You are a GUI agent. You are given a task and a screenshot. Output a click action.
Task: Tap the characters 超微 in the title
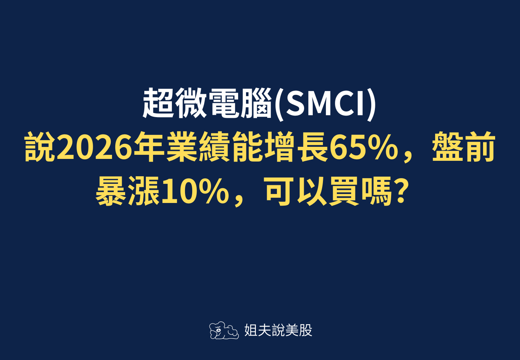(174, 103)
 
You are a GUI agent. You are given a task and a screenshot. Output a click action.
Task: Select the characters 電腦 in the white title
(240, 103)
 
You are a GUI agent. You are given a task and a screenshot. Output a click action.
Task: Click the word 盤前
(463, 148)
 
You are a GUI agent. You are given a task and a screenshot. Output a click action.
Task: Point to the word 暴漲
(128, 191)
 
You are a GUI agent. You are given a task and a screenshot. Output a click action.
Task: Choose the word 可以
(296, 191)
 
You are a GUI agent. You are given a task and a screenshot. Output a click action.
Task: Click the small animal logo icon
(224, 331)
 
